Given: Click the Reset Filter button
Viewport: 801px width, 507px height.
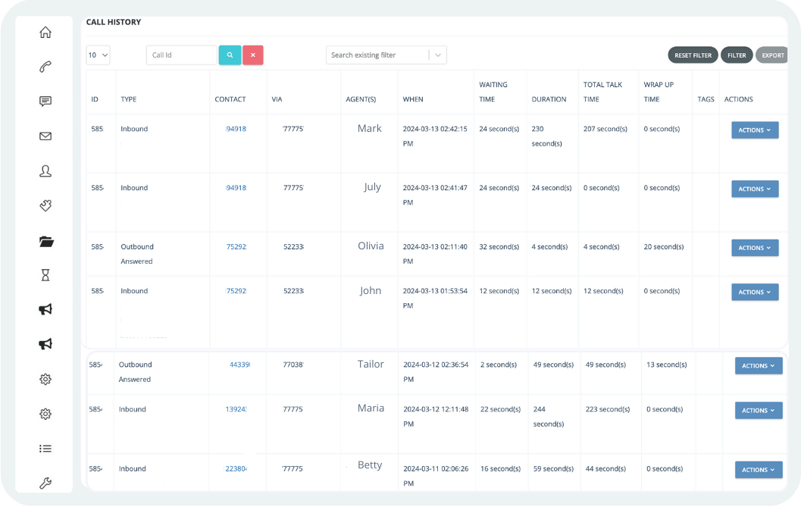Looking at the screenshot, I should [x=693, y=55].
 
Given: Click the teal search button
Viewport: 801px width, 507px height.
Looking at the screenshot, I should [x=230, y=55].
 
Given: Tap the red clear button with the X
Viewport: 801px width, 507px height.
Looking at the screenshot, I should [x=253, y=55].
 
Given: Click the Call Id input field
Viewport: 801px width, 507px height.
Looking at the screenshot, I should [x=181, y=55].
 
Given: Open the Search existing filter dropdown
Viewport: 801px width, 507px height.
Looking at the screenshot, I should [x=386, y=55].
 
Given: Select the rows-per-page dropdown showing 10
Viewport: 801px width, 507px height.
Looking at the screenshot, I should [x=98, y=55].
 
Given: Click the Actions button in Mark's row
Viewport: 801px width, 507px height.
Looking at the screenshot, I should [x=754, y=130].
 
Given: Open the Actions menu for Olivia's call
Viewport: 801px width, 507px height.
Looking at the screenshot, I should [x=754, y=248].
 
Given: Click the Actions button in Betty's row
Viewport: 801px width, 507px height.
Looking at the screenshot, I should [x=758, y=470].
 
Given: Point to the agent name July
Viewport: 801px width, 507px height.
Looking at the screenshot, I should [x=372, y=187].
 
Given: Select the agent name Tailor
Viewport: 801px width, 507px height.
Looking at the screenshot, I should [x=371, y=365].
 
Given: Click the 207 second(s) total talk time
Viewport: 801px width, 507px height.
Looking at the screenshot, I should [x=605, y=129].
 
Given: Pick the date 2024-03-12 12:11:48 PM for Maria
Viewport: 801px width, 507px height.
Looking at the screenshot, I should [x=435, y=416].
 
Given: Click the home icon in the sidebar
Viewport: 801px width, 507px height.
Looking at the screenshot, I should [x=45, y=32].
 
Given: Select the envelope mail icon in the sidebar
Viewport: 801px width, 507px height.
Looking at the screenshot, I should [x=45, y=136].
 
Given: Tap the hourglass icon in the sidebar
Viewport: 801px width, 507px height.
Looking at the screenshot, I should [x=45, y=276].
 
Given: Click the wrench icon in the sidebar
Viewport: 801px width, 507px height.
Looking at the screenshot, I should [x=45, y=484].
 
